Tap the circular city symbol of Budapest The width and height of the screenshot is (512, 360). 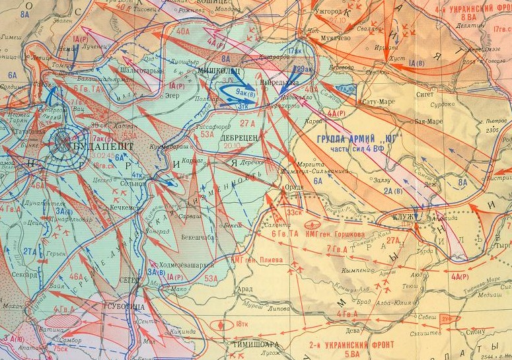[64, 140]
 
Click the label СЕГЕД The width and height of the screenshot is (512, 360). [131, 280]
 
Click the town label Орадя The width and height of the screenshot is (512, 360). [293, 188]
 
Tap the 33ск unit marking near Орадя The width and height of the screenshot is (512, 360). [295, 213]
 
